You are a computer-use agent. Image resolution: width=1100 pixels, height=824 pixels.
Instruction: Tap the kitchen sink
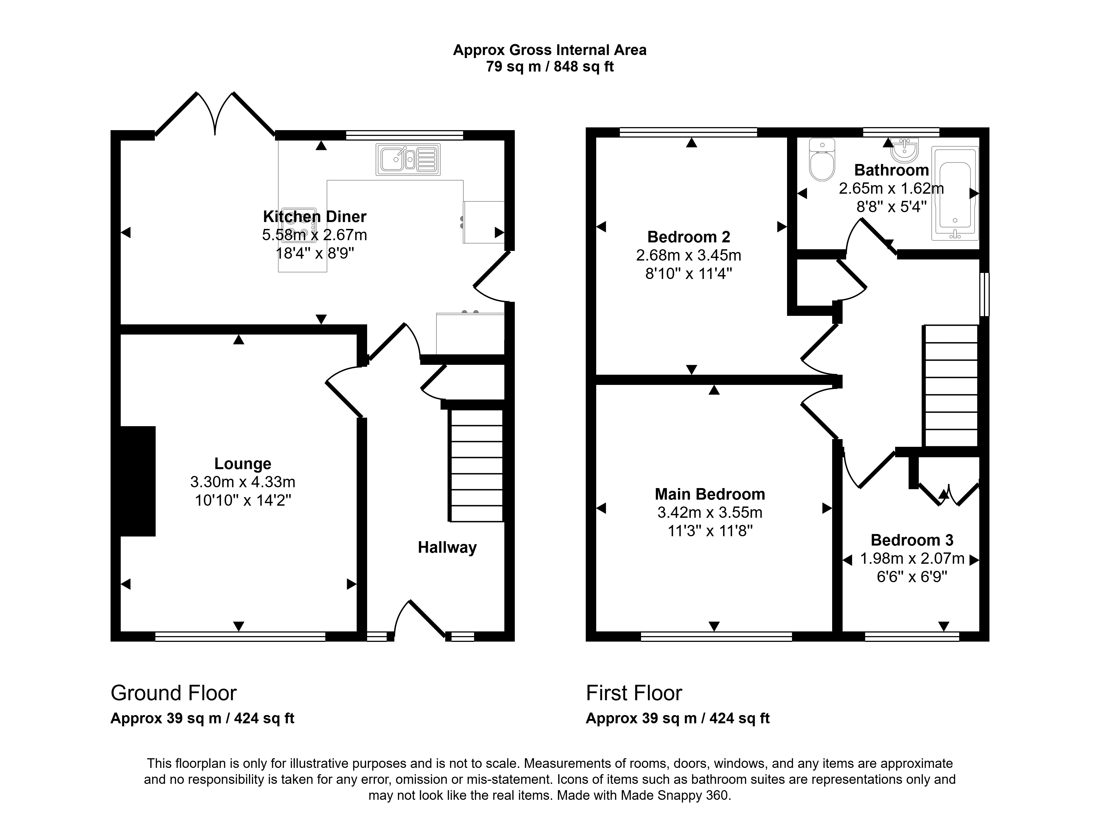pos(408,160)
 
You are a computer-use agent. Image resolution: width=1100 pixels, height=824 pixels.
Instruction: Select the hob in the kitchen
pos(299,225)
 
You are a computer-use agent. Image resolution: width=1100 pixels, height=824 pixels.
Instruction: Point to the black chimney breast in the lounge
pos(138,481)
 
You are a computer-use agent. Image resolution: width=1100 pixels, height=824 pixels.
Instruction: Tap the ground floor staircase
pos(476,465)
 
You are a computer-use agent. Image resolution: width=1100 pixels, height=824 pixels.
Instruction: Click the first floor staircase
pos(950,386)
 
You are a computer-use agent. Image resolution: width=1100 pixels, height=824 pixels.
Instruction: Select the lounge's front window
pos(240,636)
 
